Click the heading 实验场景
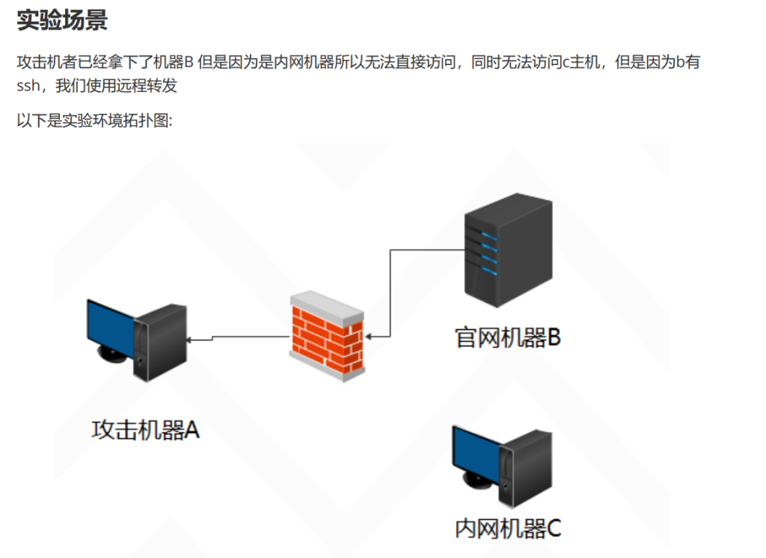62,20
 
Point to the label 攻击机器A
146,430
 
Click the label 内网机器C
508,528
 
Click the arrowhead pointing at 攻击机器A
190,340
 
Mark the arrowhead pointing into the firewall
370,337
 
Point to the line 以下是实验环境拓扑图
95,120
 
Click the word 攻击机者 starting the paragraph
43,62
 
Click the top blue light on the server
489,237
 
